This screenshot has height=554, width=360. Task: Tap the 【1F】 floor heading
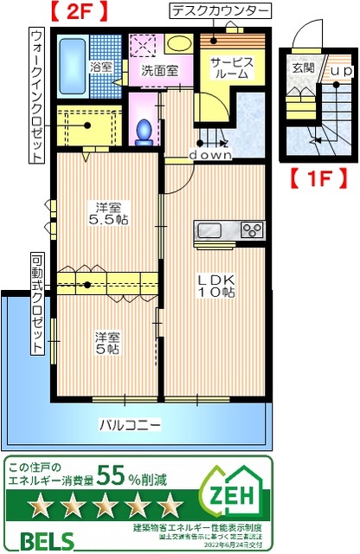pyautogui.click(x=318, y=180)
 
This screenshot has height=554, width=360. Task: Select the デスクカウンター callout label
pyautogui.click(x=219, y=11)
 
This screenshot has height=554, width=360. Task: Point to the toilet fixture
pyautogui.click(x=145, y=129)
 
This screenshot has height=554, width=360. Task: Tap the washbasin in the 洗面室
pyautogui.click(x=179, y=43)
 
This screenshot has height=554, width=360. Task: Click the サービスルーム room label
pyautogui.click(x=231, y=69)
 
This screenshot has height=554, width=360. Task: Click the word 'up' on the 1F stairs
pyautogui.click(x=341, y=69)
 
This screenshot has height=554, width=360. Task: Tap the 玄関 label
pyautogui.click(x=304, y=68)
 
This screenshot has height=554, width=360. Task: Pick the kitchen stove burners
pyautogui.click(x=252, y=230)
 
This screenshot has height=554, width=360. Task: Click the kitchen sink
pyautogui.click(x=211, y=230)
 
